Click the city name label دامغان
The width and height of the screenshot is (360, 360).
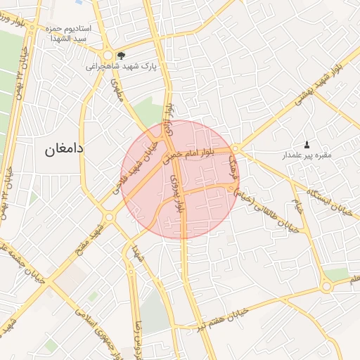tap(64, 149)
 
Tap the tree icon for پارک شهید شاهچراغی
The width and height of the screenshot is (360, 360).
tap(122, 55)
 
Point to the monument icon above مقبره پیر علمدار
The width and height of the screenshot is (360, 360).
tap(307, 143)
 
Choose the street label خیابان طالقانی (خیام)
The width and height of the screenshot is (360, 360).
tap(271, 209)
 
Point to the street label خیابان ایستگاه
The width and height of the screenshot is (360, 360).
tap(329, 201)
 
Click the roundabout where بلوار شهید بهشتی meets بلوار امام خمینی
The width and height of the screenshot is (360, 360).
tap(237, 148)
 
